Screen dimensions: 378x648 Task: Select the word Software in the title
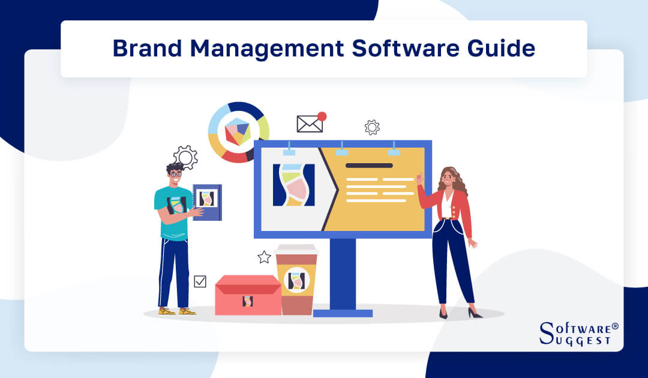[388, 49]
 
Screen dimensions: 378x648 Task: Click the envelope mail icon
[310, 124]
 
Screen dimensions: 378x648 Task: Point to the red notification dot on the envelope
[322, 116]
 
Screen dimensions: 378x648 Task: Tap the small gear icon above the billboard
[372, 127]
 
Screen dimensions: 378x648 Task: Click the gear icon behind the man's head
[185, 157]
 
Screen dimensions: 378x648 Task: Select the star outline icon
[264, 257]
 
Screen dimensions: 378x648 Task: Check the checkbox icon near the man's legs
[200, 281]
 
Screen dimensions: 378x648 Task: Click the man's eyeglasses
[175, 175]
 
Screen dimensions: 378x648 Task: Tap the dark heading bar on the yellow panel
[369, 165]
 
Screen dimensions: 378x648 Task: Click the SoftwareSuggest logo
[578, 333]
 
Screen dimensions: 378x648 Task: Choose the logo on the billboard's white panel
[293, 184]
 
